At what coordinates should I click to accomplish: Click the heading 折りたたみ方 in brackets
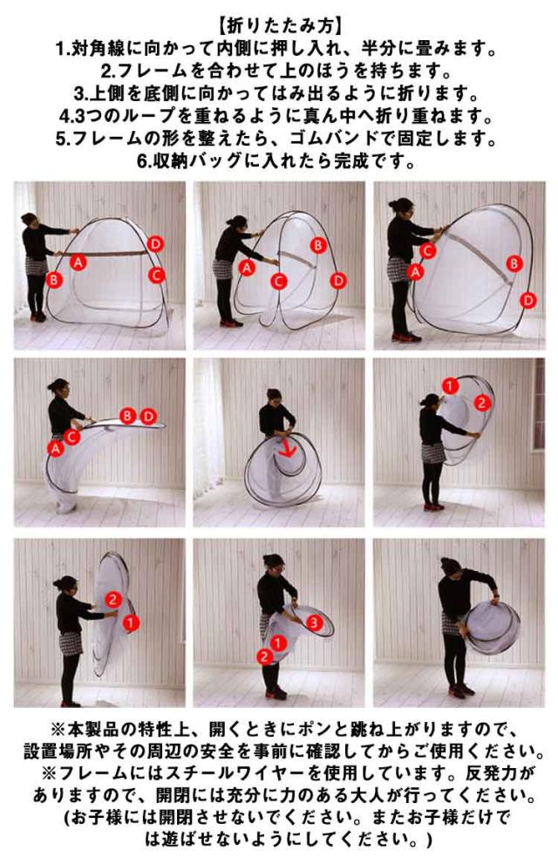279,26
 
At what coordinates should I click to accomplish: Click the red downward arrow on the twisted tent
287,447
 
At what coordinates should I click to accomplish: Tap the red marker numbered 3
313,622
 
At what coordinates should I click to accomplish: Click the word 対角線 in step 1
97,49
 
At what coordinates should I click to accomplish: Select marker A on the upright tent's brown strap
78,262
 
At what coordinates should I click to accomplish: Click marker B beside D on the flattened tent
128,416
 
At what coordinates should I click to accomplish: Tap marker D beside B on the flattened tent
147,416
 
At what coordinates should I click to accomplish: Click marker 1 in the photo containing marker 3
278,643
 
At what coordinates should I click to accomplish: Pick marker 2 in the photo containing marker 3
264,657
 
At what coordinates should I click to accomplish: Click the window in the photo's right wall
538,405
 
